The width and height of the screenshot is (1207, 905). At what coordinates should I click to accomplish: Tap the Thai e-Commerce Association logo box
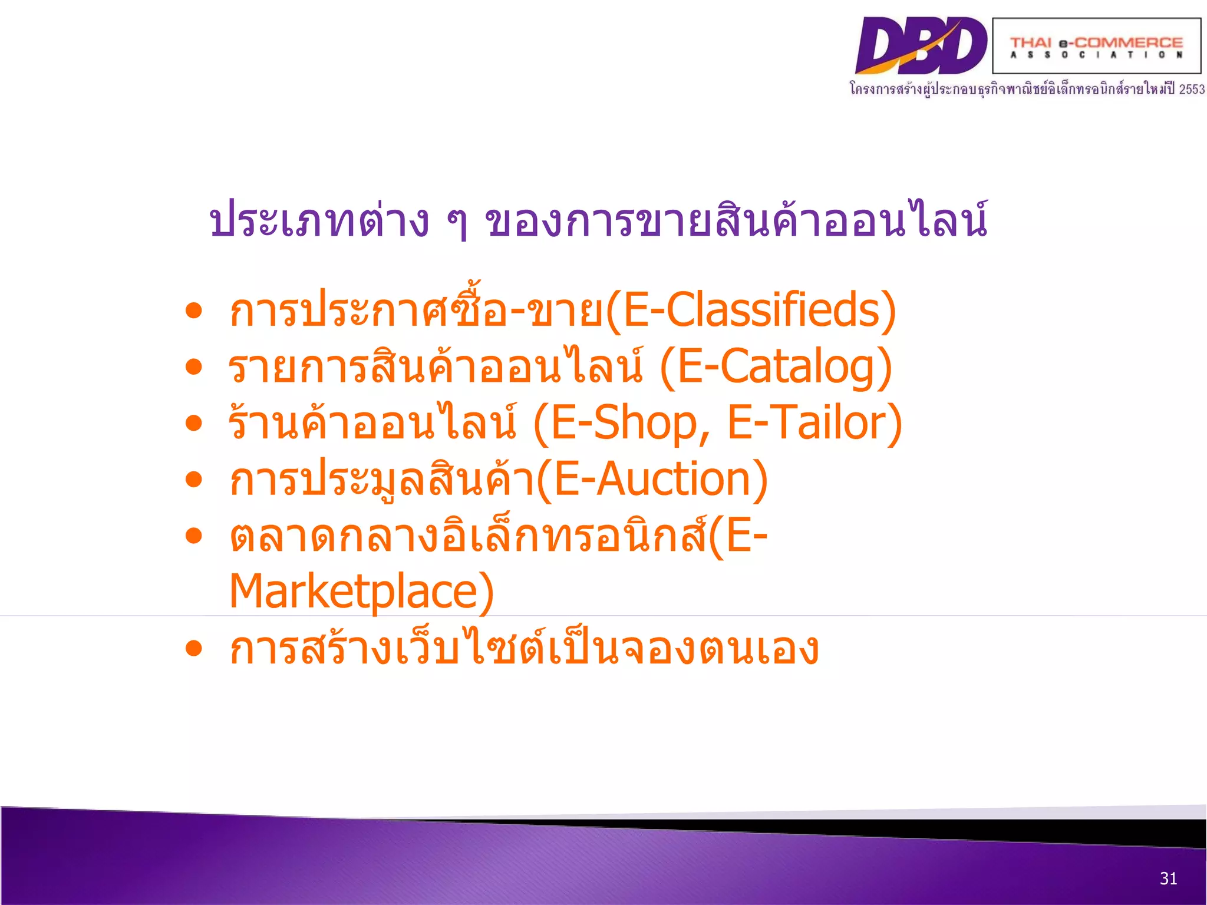(1096, 46)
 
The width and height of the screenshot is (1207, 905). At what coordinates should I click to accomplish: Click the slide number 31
(1168, 878)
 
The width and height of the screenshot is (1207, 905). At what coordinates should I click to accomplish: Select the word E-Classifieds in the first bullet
(751, 311)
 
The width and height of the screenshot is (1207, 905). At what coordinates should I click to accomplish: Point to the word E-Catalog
(777, 367)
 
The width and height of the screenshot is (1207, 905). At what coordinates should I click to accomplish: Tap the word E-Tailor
(809, 423)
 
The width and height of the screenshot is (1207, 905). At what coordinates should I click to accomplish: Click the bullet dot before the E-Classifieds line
(193, 311)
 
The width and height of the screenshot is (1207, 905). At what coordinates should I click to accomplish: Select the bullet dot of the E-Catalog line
(193, 367)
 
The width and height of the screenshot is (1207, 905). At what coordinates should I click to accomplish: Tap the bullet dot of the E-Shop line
(193, 423)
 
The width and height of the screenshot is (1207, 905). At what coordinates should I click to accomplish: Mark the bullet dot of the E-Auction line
(193, 480)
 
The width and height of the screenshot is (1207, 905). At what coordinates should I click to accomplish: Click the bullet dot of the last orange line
(193, 649)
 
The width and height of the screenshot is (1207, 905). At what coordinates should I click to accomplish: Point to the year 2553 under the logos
(1191, 90)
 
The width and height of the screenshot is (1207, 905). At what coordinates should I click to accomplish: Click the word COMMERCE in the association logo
(1129, 42)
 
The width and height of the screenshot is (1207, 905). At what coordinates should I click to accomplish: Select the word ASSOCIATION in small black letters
(1096, 55)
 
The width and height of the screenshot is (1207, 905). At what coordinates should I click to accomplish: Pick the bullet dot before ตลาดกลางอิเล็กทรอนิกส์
(193, 536)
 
